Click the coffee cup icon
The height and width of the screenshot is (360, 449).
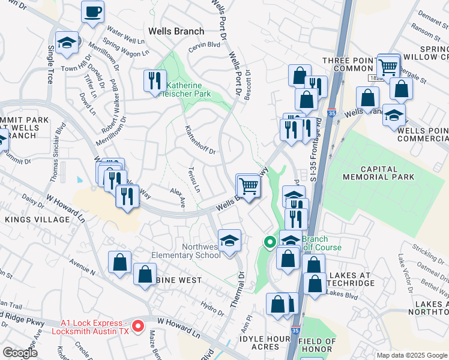[x=92, y=12]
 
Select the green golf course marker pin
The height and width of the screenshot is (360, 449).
[x=270, y=242]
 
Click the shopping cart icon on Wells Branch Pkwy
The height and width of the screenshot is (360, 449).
[x=249, y=187]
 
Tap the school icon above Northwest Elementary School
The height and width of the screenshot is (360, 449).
[x=229, y=241]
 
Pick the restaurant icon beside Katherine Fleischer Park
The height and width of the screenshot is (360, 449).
[x=155, y=80]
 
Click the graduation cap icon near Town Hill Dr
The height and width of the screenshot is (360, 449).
[x=66, y=43]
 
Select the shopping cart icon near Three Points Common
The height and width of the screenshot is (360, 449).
[x=388, y=66]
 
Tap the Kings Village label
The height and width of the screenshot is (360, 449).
[x=37, y=220]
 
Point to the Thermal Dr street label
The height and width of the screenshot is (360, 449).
[x=242, y=284]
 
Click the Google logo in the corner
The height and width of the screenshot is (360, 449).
[x=20, y=353]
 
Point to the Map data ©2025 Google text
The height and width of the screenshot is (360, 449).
[x=411, y=355]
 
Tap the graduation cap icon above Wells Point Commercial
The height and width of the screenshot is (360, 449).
[x=394, y=115]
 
